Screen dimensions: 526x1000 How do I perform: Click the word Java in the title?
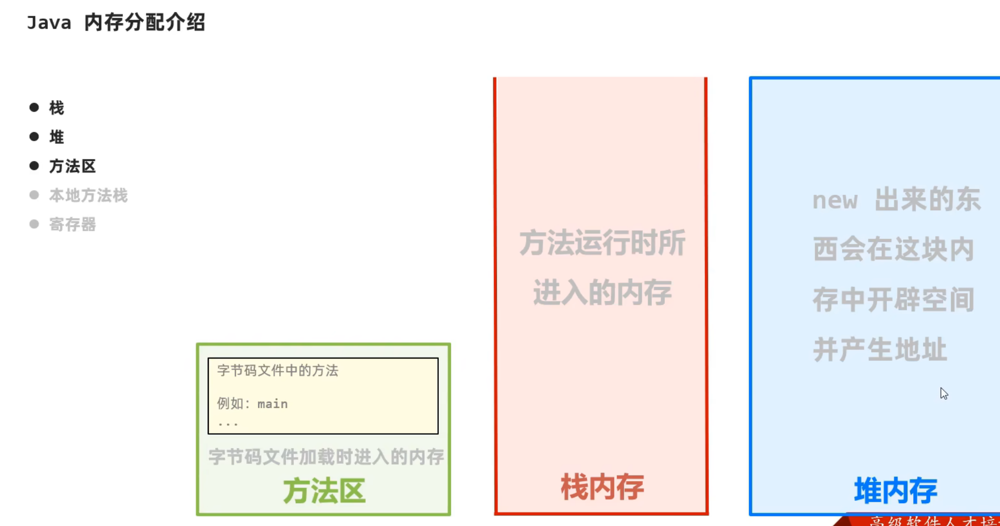tap(49, 23)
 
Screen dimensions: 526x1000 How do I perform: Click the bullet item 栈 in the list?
tap(56, 108)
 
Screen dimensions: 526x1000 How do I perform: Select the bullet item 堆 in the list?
tap(56, 137)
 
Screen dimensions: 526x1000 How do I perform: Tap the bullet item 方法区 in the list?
tap(72, 166)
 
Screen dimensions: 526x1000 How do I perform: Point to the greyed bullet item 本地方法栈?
tap(88, 195)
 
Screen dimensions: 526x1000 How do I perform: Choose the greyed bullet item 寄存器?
tap(72, 224)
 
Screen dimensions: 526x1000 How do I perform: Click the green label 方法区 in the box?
tap(324, 491)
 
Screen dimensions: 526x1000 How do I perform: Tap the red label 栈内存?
tap(602, 487)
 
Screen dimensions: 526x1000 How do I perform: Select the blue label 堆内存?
tap(895, 490)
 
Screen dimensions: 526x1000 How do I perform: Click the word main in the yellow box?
tap(272, 404)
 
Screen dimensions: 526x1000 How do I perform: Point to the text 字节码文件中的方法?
tap(277, 371)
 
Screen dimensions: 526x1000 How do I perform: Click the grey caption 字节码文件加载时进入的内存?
tap(326, 457)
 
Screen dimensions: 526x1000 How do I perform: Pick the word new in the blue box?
tap(834, 200)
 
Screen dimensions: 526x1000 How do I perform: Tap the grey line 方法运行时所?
tap(602, 243)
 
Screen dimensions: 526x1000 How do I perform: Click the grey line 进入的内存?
tap(602, 292)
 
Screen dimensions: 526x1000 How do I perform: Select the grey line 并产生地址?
tap(880, 350)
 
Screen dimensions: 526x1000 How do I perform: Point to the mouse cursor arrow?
tap(944, 393)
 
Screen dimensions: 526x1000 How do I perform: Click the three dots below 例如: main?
tap(228, 424)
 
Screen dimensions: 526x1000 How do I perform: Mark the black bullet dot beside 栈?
tap(34, 107)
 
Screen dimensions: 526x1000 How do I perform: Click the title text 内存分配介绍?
tap(144, 23)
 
